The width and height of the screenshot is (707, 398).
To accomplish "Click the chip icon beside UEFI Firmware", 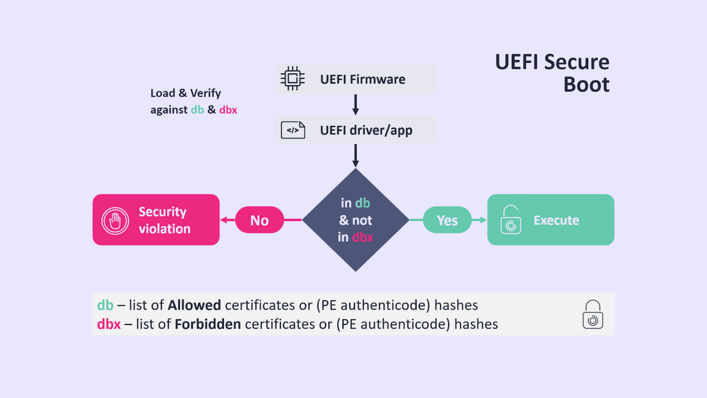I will click(x=293, y=79).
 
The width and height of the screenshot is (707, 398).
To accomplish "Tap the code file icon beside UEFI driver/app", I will click(x=293, y=130).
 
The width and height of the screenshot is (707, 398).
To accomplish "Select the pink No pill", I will click(x=259, y=220).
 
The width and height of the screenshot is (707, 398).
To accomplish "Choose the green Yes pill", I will click(x=447, y=220).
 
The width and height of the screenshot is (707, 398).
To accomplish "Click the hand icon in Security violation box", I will click(x=115, y=220).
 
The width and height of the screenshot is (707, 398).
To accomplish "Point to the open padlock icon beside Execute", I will click(x=511, y=220).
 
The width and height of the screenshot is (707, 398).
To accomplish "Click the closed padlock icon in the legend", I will click(x=593, y=314).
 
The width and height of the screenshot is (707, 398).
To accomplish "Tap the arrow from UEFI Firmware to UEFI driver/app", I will click(x=355, y=105).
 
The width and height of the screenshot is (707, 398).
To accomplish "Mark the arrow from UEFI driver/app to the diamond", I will click(x=355, y=156).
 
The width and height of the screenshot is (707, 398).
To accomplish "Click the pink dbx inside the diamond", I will click(x=363, y=237).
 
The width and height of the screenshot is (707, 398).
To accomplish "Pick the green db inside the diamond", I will click(x=362, y=203).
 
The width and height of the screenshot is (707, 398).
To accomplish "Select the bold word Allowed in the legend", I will click(x=194, y=305).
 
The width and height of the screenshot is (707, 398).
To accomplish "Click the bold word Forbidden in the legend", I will click(x=208, y=324).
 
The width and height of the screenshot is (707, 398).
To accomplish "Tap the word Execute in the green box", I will click(x=556, y=220).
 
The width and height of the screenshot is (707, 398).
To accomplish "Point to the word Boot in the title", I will click(x=586, y=84).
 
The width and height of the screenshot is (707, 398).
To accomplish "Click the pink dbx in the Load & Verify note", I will click(x=228, y=110).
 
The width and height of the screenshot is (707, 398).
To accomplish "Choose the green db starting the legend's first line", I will click(x=105, y=305).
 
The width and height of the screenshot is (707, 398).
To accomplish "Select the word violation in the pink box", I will click(x=164, y=229).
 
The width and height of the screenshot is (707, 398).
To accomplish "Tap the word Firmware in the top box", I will click(x=377, y=79).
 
